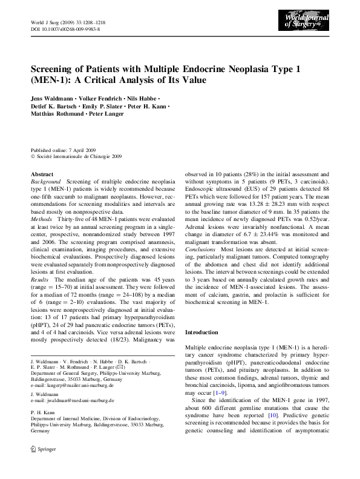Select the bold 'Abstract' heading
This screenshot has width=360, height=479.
pos(42,174)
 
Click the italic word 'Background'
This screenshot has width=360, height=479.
pos(45,182)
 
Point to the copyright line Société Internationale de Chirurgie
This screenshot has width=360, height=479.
pos(77,156)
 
